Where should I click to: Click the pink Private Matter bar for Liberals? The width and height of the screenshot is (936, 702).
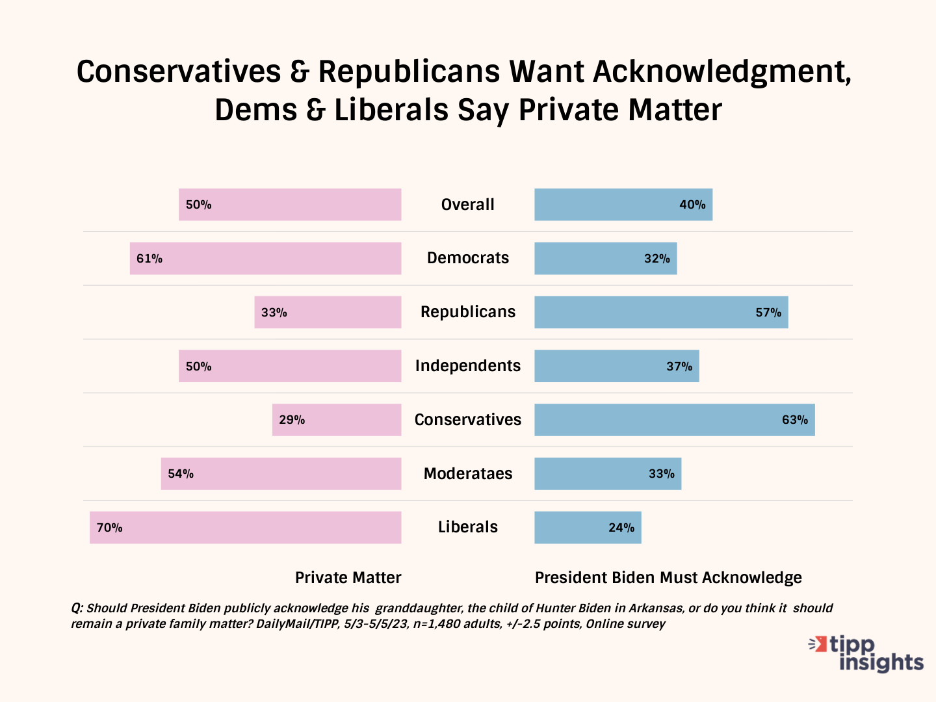(246, 527)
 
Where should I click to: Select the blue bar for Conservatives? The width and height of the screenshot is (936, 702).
(674, 420)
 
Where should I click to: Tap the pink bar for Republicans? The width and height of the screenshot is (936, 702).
(328, 312)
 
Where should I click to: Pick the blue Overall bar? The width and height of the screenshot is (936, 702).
(623, 205)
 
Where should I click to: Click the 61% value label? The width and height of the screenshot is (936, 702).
(149, 259)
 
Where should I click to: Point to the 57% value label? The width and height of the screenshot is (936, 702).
(768, 313)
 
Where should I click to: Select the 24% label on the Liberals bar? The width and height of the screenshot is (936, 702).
(621, 528)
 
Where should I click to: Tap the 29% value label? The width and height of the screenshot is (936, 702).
(292, 420)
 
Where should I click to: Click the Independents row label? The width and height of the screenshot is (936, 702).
(468, 366)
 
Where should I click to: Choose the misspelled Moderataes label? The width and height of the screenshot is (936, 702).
(468, 474)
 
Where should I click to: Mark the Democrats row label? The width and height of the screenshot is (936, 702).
(468, 258)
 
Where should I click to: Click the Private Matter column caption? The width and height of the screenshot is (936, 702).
(348, 578)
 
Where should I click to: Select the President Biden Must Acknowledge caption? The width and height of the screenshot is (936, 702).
(668, 578)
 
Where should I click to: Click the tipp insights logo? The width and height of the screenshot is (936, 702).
(866, 653)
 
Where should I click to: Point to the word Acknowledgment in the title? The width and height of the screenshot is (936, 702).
(721, 71)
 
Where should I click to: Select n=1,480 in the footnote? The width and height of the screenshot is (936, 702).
(437, 624)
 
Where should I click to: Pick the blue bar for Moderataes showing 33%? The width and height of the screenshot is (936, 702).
(608, 474)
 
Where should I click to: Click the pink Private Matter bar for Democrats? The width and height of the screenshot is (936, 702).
(265, 259)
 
